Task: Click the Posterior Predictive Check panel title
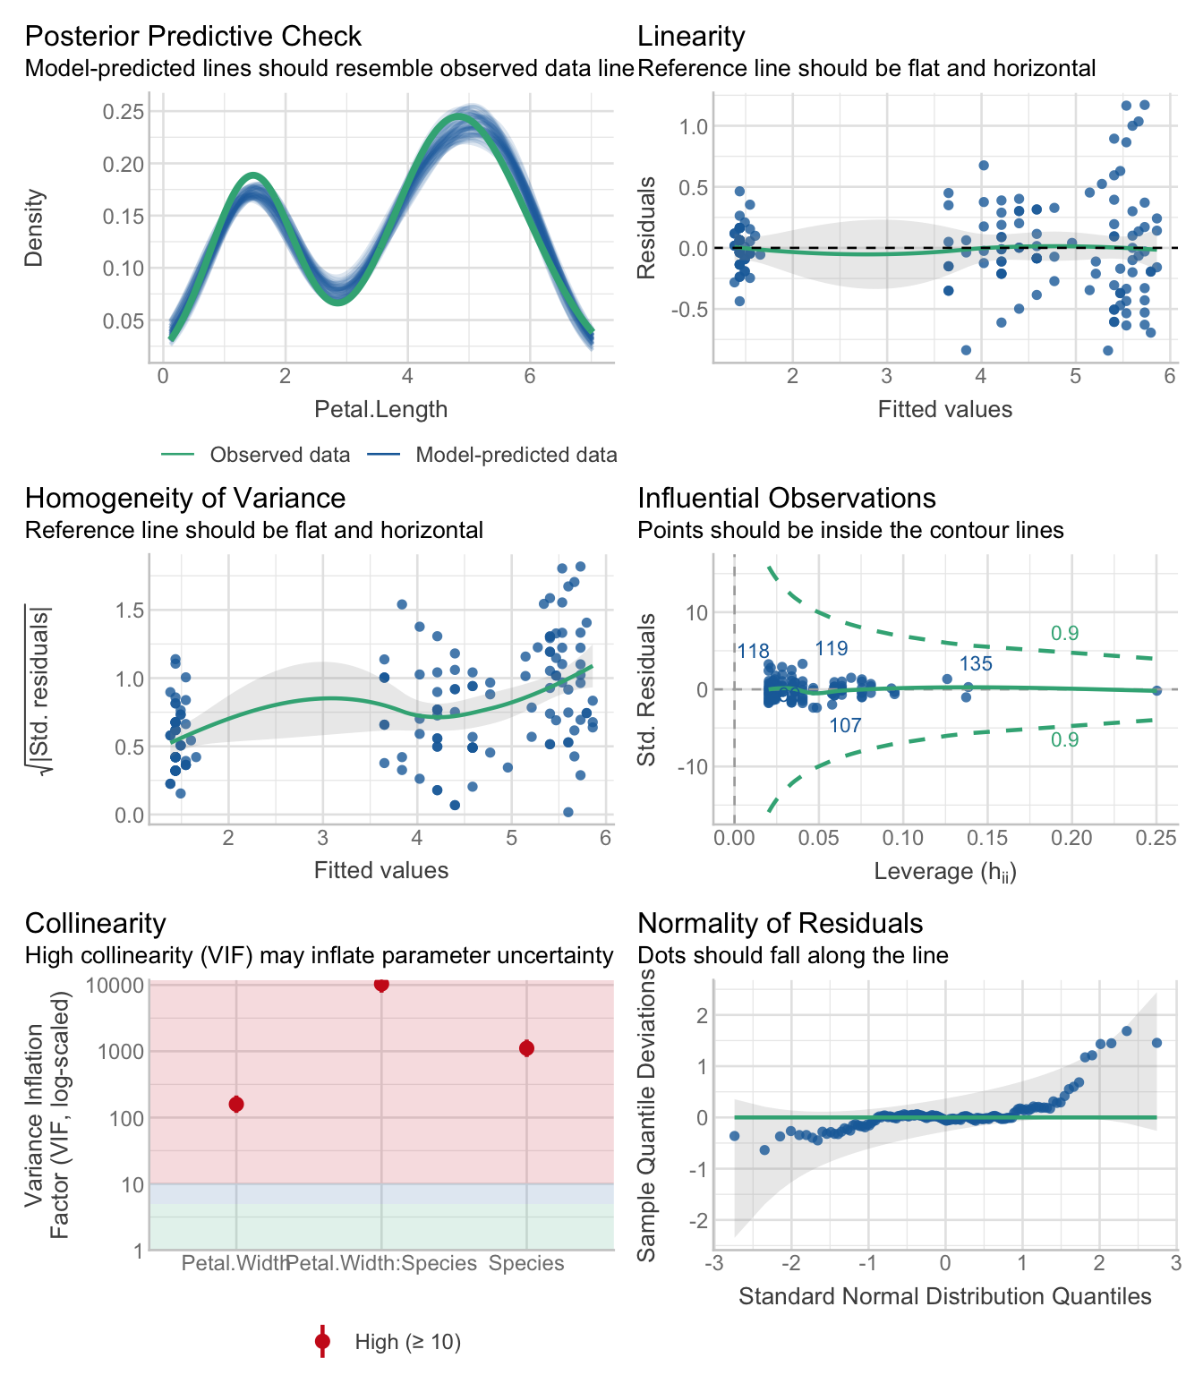point(192,37)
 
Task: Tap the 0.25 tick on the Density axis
point(123,112)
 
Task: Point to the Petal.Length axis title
point(380,410)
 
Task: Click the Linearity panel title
point(691,37)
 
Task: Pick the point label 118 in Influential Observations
point(753,652)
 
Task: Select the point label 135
point(976,664)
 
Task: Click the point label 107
point(845,726)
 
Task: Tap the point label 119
point(832,649)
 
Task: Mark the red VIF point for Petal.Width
point(236,1104)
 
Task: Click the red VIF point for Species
point(526,1048)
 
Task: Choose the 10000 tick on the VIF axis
point(115,986)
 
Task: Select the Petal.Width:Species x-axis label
point(382,1263)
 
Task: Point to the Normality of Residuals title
point(780,924)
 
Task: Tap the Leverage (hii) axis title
point(944,871)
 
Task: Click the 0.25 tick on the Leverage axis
point(1156,838)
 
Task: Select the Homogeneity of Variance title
point(184,499)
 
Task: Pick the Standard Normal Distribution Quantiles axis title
point(944,1296)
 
